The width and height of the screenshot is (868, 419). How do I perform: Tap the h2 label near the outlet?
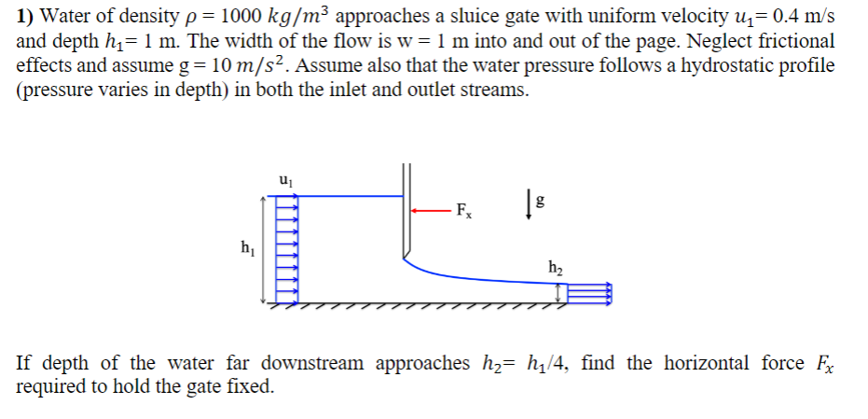click(556, 269)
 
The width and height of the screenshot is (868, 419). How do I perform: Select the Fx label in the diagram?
click(463, 211)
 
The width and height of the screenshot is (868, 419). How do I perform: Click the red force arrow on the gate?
click(432, 210)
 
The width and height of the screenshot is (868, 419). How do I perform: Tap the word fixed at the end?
click(253, 386)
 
